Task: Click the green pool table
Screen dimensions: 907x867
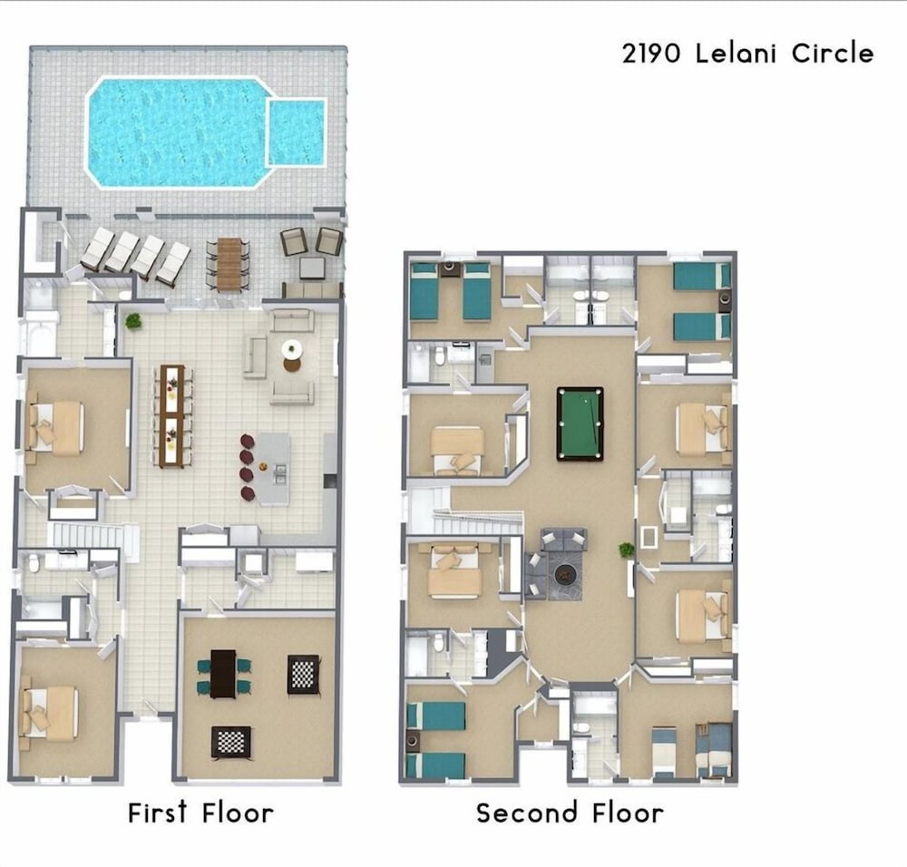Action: coord(580,424)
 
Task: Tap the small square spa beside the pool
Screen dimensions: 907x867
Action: coord(297,132)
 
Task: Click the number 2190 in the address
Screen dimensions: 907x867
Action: coord(651,54)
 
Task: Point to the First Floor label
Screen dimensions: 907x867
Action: coord(200,813)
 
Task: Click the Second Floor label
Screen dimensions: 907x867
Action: coord(570,813)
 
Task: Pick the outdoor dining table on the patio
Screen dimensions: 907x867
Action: coord(229,263)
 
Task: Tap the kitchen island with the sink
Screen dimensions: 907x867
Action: coord(273,469)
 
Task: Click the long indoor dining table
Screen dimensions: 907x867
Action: coord(171,415)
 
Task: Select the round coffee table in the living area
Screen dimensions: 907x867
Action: coord(292,356)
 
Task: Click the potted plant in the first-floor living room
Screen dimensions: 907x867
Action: coord(133,321)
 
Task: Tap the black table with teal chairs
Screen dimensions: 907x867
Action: coord(223,674)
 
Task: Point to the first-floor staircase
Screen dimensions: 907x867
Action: coord(95,536)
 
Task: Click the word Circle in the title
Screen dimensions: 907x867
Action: coord(833,54)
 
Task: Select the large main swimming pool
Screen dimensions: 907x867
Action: coord(178,132)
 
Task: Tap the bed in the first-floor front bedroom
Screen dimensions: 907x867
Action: coord(49,713)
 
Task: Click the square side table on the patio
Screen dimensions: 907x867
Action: coord(312,268)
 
